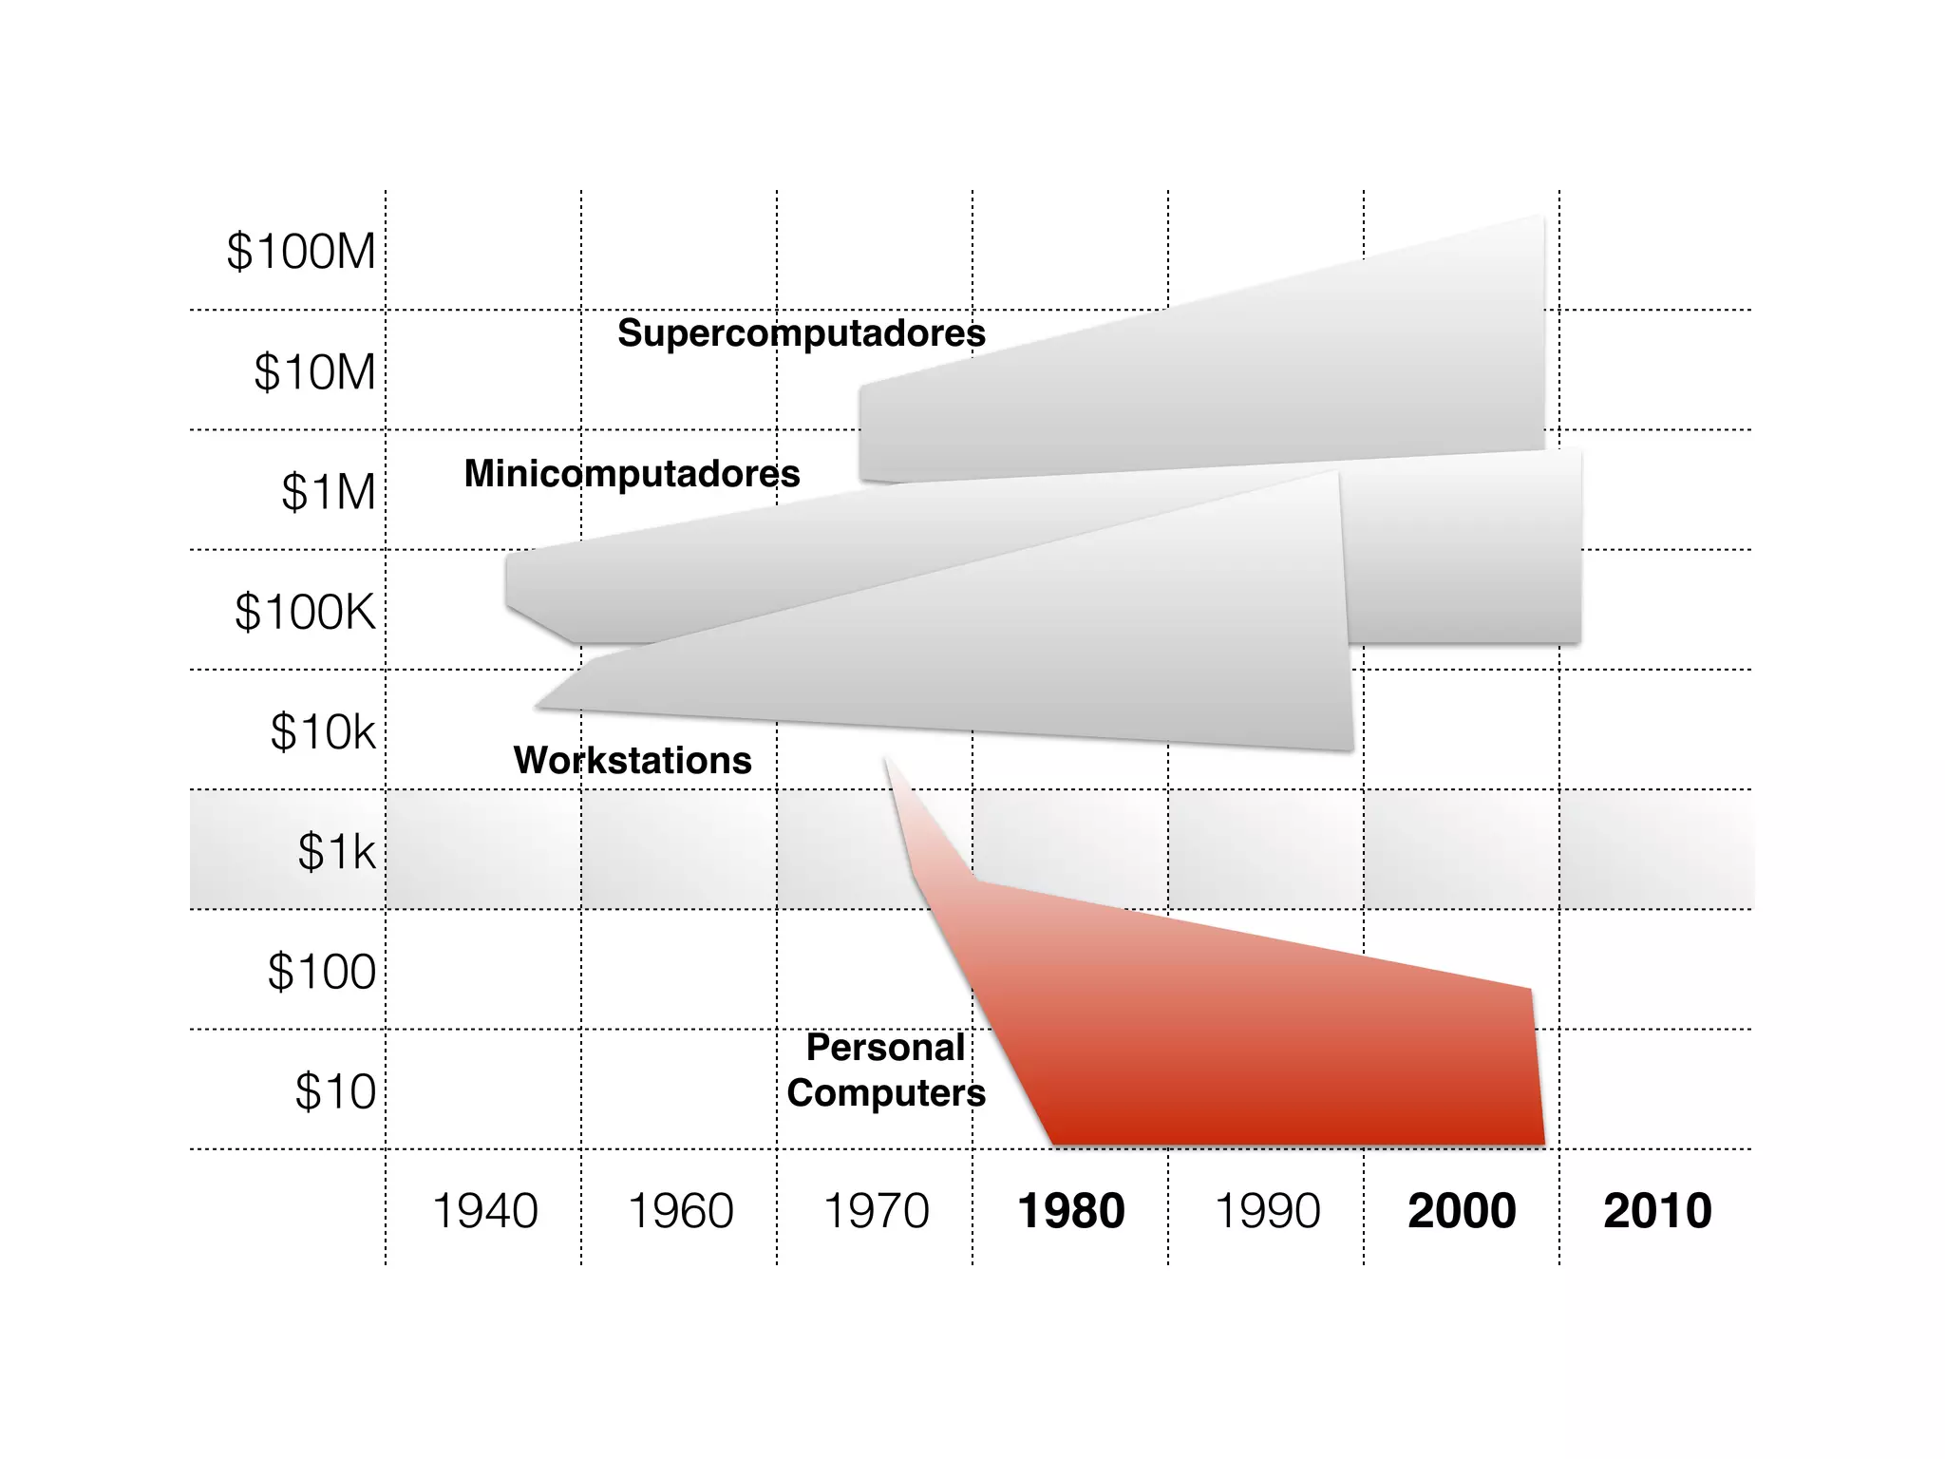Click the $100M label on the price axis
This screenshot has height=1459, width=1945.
[301, 253]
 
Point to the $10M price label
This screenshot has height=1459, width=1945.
[314, 372]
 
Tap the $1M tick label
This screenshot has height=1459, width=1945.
[328, 492]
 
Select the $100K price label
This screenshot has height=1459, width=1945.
[305, 612]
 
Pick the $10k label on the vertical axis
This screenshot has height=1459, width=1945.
[323, 731]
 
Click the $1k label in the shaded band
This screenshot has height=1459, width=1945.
[336, 851]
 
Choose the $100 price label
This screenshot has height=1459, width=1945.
[321, 972]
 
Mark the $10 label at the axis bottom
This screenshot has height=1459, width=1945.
[335, 1091]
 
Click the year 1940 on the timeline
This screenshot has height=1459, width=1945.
[484, 1211]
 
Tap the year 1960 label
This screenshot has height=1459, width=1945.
[680, 1211]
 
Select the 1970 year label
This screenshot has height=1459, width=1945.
[876, 1211]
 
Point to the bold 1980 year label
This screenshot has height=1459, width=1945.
[1070, 1211]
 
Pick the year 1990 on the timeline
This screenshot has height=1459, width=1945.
[1267, 1211]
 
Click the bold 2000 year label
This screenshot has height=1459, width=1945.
[1462, 1211]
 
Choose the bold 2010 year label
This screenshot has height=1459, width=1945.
[1657, 1211]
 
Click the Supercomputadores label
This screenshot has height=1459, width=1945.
[802, 333]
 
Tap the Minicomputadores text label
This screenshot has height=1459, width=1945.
[632, 473]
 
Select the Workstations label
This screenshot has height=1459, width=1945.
[633, 760]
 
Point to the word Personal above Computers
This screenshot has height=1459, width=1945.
[885, 1047]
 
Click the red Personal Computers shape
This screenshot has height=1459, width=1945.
[1282, 1054]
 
